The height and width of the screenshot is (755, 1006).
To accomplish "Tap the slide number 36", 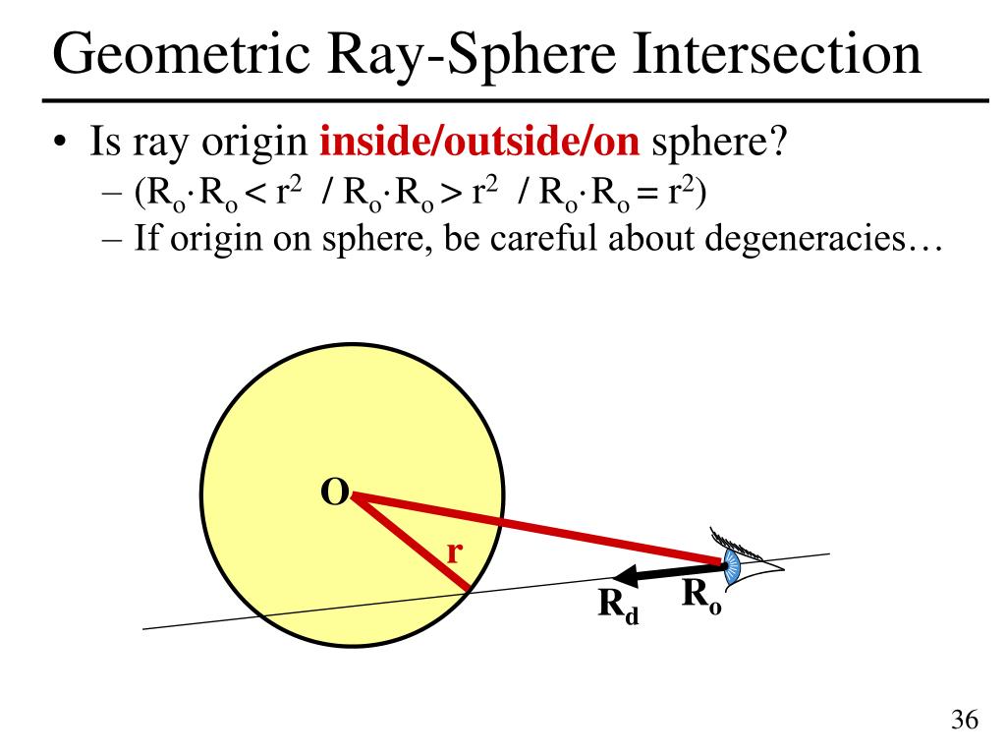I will tap(965, 721).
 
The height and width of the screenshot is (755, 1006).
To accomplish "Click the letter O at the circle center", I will tap(334, 494).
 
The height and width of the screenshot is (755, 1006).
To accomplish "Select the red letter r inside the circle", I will tap(454, 553).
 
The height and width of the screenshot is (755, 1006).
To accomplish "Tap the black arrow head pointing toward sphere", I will tap(618, 578).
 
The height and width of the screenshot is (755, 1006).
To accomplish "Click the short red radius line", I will tap(413, 547).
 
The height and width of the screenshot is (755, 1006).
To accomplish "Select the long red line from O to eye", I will tap(540, 531).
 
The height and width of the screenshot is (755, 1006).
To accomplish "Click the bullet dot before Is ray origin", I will tap(61, 146).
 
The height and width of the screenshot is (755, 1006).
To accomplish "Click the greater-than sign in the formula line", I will tap(449, 193).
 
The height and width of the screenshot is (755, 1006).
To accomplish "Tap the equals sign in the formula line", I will tap(645, 193).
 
